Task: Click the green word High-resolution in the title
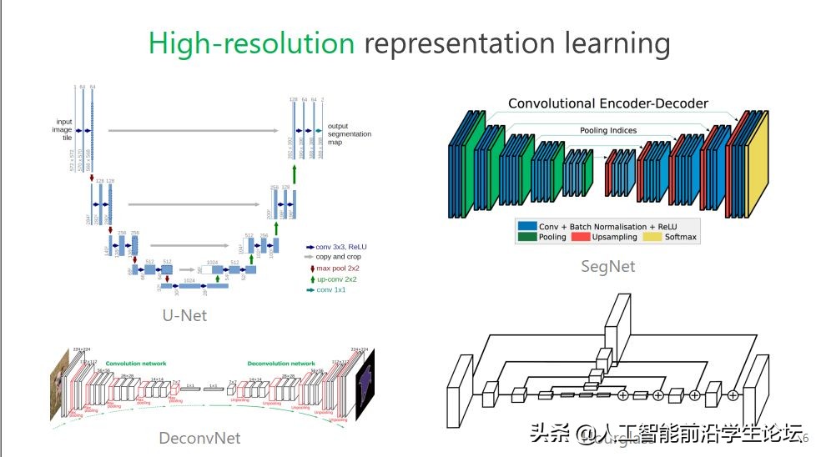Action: pyautogui.click(x=251, y=43)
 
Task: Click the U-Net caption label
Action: pyautogui.click(x=184, y=315)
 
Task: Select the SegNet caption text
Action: pyautogui.click(x=607, y=267)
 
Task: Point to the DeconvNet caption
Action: pyautogui.click(x=199, y=437)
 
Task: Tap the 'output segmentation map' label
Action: pyautogui.click(x=349, y=133)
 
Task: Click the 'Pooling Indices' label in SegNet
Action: pyautogui.click(x=608, y=130)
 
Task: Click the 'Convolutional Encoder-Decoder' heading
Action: pyautogui.click(x=607, y=104)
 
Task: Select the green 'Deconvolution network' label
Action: pyautogui.click(x=281, y=364)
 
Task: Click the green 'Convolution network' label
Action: pyautogui.click(x=136, y=364)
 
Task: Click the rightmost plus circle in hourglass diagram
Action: pyautogui.click(x=733, y=394)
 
